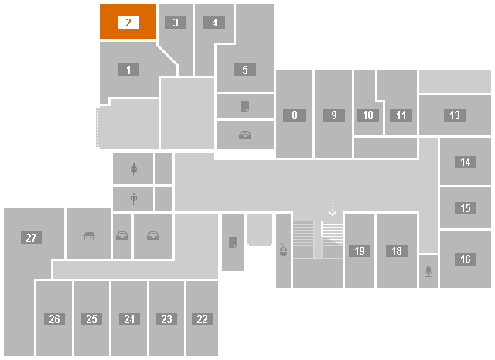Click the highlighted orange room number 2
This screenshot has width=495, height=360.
click(128, 22)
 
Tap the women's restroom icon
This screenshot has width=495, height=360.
click(134, 170)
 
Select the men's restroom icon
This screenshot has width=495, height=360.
click(134, 199)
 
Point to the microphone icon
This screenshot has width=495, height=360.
click(428, 272)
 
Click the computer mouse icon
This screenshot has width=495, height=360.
click(283, 250)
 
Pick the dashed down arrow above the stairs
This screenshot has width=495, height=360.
click(333, 210)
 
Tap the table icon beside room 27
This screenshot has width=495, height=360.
click(89, 236)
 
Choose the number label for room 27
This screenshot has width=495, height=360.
click(31, 238)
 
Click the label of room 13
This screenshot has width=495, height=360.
click(455, 115)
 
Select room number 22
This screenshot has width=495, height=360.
click(202, 319)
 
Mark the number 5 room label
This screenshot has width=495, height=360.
click(245, 70)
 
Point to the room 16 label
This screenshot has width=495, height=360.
click(466, 259)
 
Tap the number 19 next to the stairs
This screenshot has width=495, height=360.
click(360, 251)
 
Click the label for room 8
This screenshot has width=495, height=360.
click(294, 115)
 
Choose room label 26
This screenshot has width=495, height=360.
click(55, 319)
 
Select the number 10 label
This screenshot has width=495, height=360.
click(368, 115)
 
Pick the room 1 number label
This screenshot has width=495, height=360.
click(128, 70)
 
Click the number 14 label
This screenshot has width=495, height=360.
click(466, 162)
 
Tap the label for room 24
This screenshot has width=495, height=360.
click(129, 319)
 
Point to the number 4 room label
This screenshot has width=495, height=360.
click(214, 22)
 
